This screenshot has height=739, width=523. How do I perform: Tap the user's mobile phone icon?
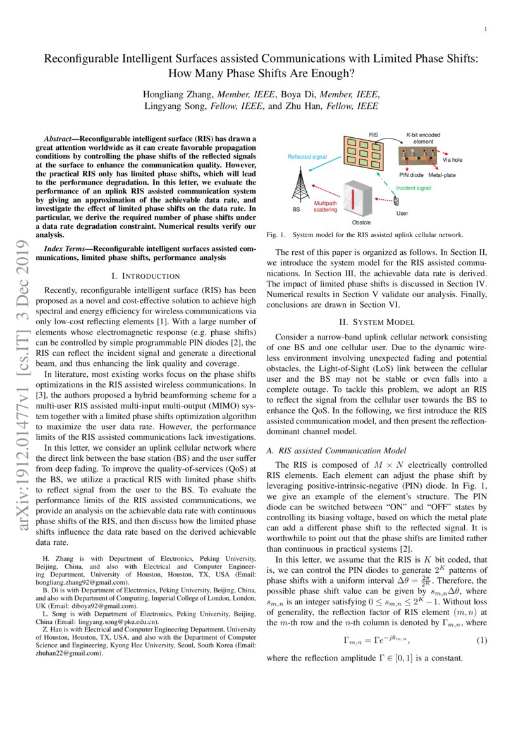pos(397,201)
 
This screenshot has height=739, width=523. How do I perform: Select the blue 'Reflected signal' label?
pos(307,156)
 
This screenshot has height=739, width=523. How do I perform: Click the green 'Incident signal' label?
pos(414,188)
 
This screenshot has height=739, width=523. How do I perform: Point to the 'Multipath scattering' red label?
pos(325,207)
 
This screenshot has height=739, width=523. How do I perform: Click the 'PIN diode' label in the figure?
pos(411,174)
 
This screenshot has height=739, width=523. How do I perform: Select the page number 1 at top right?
pos(485,29)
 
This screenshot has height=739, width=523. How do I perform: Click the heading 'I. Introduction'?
pos(145,276)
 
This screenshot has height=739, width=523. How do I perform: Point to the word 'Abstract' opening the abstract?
pos(61,138)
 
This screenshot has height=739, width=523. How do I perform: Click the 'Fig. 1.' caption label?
pos(276,235)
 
